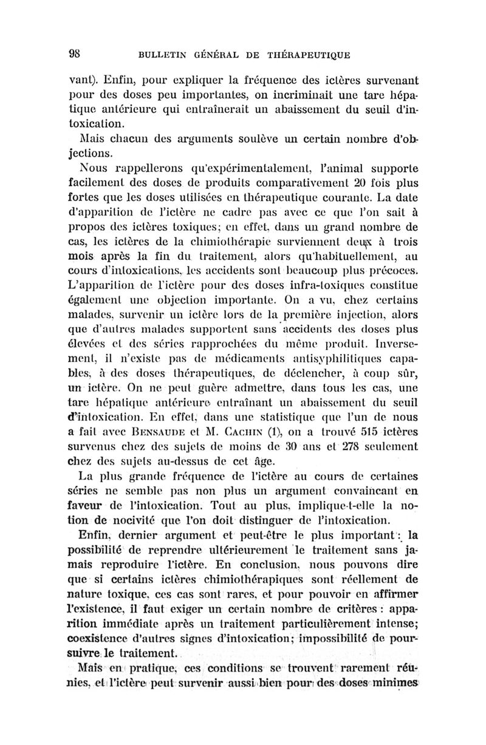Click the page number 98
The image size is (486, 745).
coord(75,52)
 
